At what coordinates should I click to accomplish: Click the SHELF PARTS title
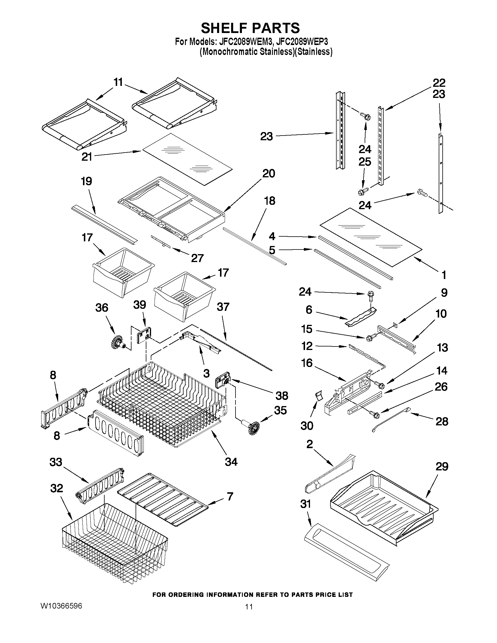pyautogui.click(x=250, y=28)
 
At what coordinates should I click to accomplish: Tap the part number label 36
pyautogui.click(x=102, y=308)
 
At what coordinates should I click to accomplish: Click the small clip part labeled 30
pyautogui.click(x=318, y=396)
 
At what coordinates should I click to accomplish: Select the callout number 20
pyautogui.click(x=269, y=174)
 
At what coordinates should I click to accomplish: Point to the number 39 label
pyautogui.click(x=140, y=305)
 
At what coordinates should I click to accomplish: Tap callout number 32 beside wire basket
pyautogui.click(x=56, y=488)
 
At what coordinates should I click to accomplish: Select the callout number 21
pyautogui.click(x=87, y=157)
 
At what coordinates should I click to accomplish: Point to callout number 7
pyautogui.click(x=230, y=496)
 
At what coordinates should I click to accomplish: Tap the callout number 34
pyautogui.click(x=231, y=462)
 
